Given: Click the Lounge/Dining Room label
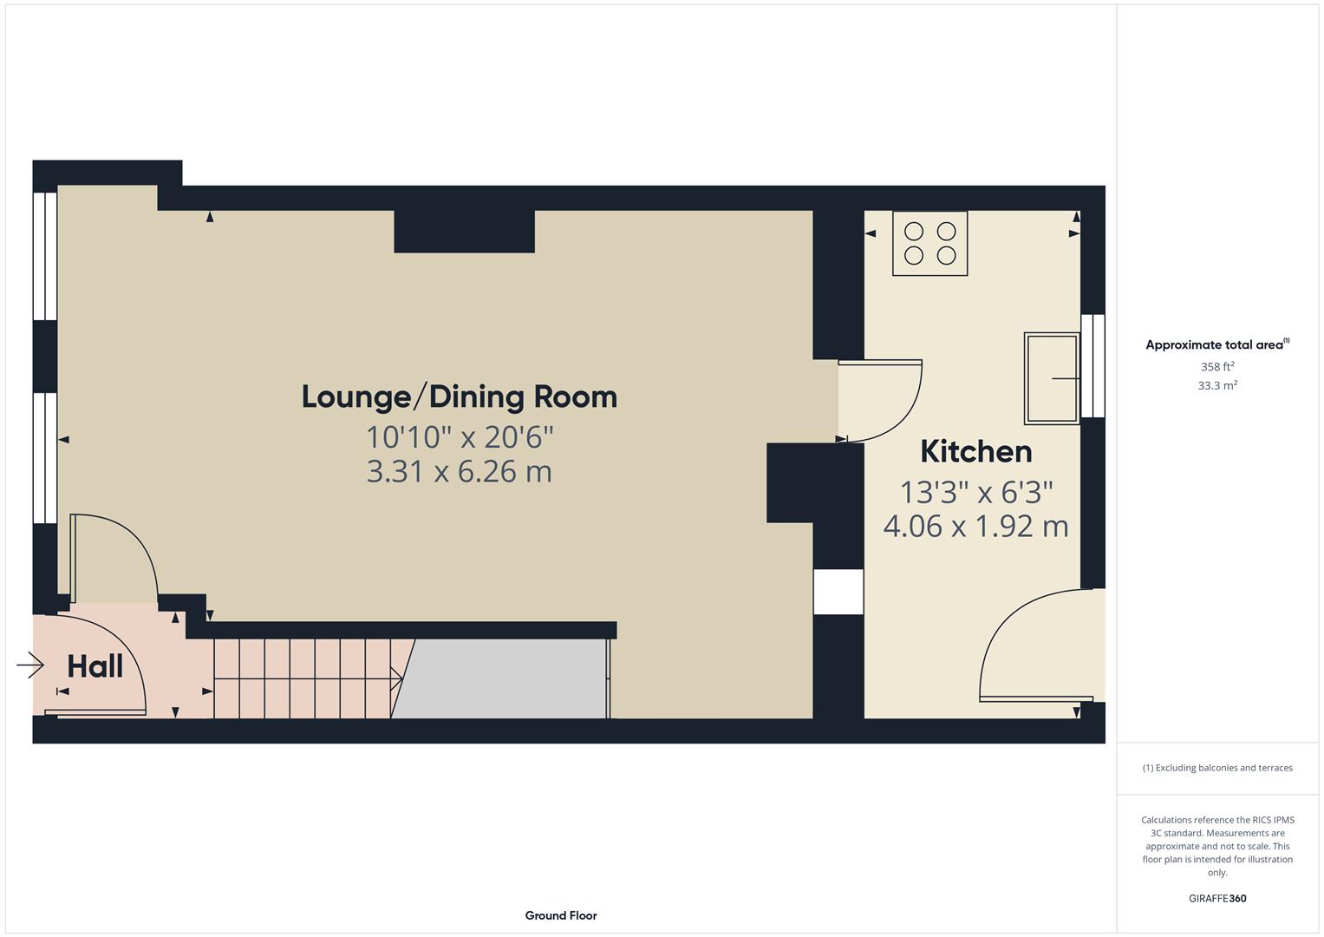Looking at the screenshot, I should (x=459, y=396).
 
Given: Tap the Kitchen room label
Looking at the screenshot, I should (x=975, y=451).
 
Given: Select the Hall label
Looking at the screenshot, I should (x=95, y=666).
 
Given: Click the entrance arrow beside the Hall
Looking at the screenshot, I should (x=30, y=665).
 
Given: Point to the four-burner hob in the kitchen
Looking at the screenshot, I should (x=929, y=244).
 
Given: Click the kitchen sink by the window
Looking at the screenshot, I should (x=1052, y=378).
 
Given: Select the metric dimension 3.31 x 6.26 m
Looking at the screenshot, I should (x=459, y=471).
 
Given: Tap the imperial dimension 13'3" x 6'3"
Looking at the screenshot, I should (x=975, y=492).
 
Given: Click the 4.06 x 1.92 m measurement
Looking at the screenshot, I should (x=975, y=526).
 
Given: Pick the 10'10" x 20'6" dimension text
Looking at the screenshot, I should (x=459, y=436).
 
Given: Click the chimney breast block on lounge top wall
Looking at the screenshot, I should (x=464, y=231).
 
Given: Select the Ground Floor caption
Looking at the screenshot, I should (x=560, y=915).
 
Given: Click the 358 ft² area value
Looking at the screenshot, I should (x=1216, y=367).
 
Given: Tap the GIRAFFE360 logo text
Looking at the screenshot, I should (x=1216, y=898).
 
